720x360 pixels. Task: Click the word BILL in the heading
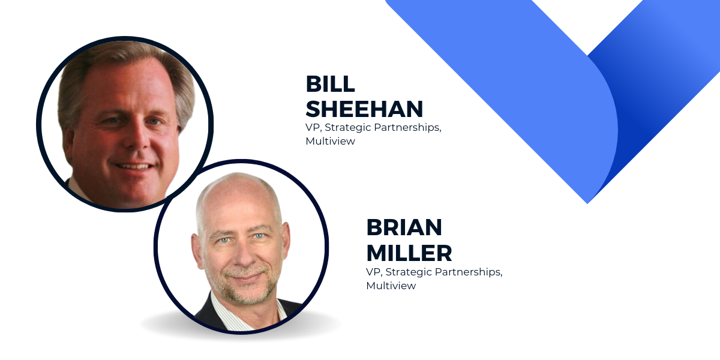(x=330, y=84)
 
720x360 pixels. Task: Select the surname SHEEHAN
(x=364, y=109)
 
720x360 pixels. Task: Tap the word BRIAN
(x=404, y=227)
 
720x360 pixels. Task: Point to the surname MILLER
(x=409, y=253)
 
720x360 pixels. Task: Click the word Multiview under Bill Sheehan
(x=331, y=141)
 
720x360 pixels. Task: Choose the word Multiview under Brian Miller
(x=391, y=286)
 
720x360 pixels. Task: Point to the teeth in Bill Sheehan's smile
(x=134, y=167)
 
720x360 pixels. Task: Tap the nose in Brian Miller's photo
(x=244, y=253)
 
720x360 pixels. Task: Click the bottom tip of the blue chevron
(x=587, y=203)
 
